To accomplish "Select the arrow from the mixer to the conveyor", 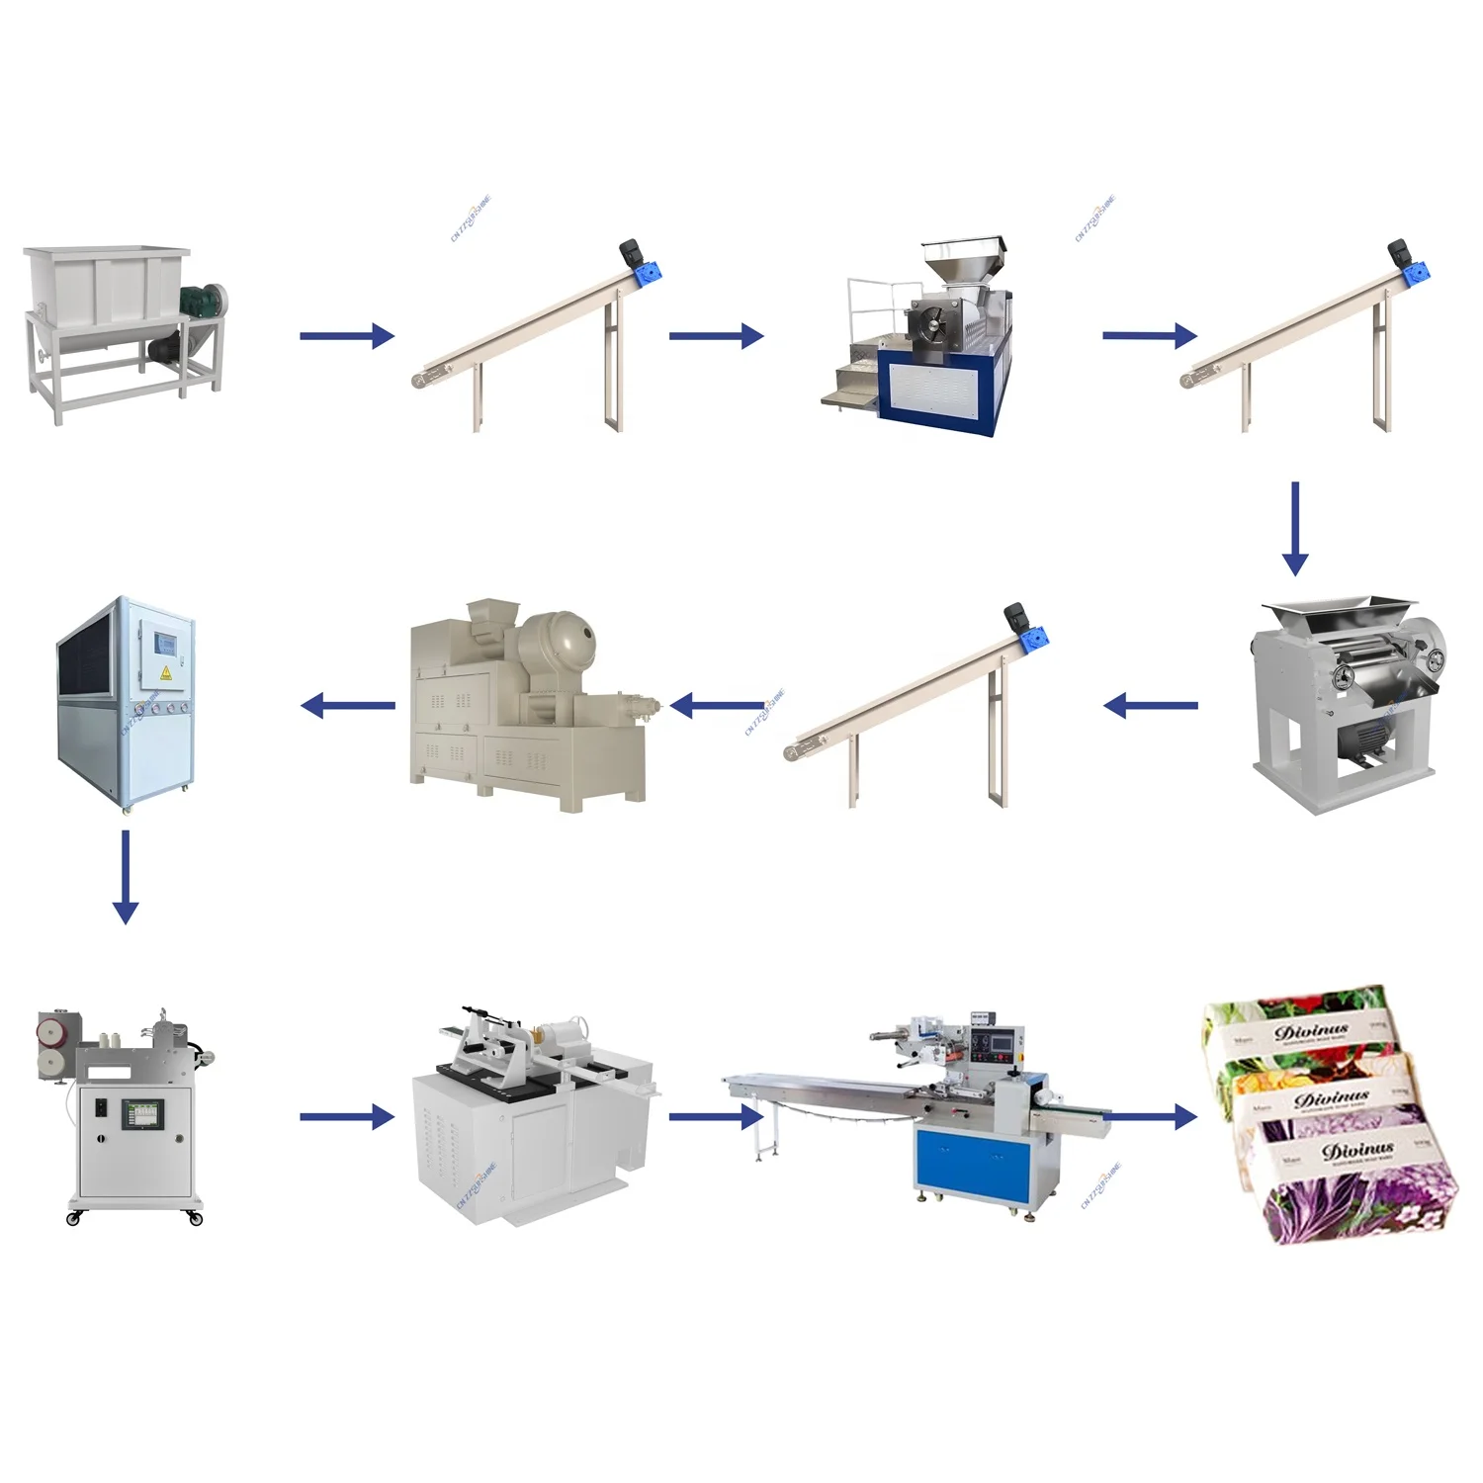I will coord(346,336).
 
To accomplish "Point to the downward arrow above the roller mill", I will coord(1294,529).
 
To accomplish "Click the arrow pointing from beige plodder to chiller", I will coord(347,706).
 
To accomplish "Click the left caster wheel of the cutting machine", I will coord(73,1219).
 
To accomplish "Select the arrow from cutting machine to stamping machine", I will coord(346,1117).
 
